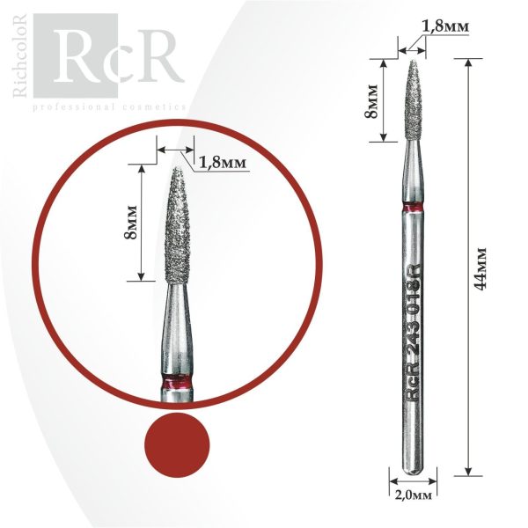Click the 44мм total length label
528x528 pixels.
480,268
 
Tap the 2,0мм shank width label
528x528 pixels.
413,495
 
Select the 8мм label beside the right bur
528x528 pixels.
371,101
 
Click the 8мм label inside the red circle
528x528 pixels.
130,222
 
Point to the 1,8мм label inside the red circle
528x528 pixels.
223,163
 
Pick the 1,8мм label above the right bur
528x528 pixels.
445,26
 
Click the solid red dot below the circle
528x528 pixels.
177,445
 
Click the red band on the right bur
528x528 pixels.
414,208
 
